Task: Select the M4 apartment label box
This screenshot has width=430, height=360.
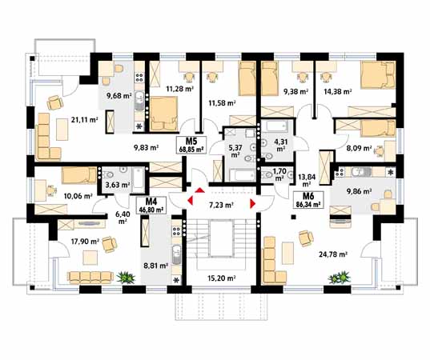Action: tap(151, 206)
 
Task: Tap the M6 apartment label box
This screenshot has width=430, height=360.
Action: tap(308, 200)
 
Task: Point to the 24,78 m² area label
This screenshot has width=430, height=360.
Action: tap(333, 254)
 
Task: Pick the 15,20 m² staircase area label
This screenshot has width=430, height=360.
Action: tap(222, 278)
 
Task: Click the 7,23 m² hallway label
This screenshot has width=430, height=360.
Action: tap(221, 205)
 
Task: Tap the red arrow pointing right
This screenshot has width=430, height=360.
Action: tap(252, 204)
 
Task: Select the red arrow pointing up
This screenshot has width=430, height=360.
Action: tap(199, 190)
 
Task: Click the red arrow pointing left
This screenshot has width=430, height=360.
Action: tap(191, 200)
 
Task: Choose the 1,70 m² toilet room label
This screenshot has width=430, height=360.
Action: tap(279, 174)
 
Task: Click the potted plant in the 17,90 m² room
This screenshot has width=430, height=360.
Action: tap(127, 278)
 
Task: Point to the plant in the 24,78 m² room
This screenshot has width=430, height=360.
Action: tap(340, 278)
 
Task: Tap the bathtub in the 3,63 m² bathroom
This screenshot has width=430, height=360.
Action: tap(138, 180)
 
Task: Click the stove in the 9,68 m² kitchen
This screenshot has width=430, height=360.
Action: tap(139, 78)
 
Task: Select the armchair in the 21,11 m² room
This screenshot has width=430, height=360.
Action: tap(55, 102)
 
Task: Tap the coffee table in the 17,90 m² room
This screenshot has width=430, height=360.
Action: tap(90, 258)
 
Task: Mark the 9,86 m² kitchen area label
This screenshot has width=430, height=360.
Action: tap(359, 191)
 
